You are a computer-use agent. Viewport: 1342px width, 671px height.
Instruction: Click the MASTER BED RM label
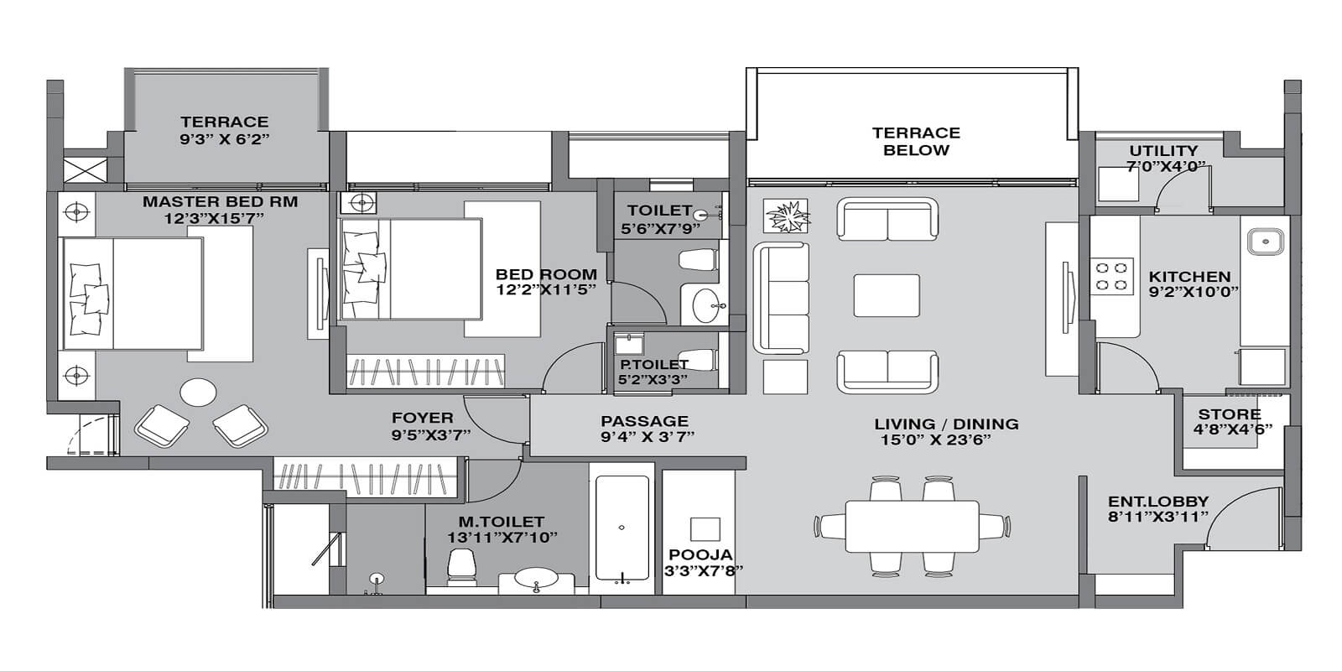[x=220, y=202]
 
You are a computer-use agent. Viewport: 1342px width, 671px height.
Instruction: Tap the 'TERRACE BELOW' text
[x=916, y=142]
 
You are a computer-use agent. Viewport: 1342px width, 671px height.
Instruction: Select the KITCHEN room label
[x=1189, y=277]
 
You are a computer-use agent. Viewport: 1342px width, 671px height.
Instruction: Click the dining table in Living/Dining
[x=912, y=527]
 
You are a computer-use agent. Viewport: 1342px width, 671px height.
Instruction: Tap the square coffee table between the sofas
[x=887, y=295]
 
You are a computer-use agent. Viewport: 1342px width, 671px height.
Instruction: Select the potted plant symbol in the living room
[x=786, y=216]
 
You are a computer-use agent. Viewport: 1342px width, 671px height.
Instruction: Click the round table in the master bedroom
[x=199, y=393]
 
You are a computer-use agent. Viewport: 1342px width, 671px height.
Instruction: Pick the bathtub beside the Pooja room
[x=621, y=528]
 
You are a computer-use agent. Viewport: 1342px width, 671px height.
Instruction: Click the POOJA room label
[x=700, y=555]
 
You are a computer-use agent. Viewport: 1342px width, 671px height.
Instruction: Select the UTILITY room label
[x=1163, y=152]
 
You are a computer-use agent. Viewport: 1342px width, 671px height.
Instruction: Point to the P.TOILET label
[x=654, y=364]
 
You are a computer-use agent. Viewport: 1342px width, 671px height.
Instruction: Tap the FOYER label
[x=422, y=418]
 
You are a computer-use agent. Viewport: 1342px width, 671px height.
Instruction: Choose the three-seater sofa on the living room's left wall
[x=781, y=298]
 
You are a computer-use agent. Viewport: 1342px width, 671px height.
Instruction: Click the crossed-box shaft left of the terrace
[x=85, y=166]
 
